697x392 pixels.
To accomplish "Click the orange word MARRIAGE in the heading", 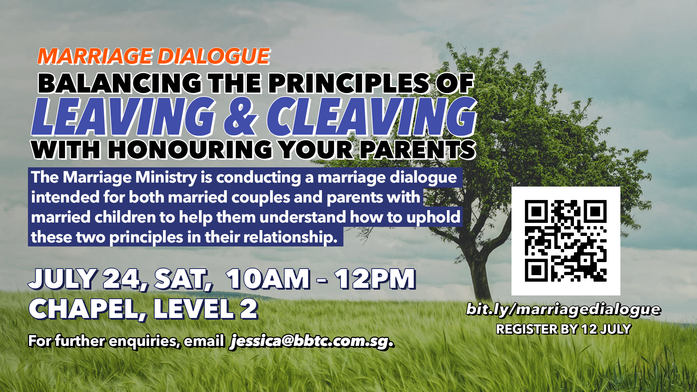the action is [95, 56].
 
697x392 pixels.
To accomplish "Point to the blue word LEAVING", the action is [124, 117].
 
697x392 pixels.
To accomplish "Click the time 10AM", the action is [268, 279].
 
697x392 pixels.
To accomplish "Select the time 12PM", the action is [375, 279].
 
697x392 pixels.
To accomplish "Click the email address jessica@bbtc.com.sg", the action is [312, 341].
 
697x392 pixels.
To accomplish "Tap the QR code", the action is [566, 241].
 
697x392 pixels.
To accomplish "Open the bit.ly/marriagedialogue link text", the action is [563, 310].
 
